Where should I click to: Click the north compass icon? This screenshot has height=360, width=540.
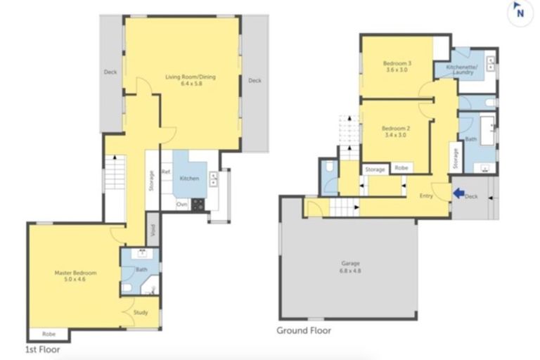519,11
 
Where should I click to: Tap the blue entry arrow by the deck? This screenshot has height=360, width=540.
458,193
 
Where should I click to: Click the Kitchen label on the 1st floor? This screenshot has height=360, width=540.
189,179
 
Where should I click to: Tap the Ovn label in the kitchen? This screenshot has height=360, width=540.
181,205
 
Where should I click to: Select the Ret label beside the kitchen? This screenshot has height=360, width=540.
166,172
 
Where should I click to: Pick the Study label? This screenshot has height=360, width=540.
141,312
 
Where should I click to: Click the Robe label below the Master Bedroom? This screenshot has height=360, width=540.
49,334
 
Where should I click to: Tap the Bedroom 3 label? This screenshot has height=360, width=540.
397,67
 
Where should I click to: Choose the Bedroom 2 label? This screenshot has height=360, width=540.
395,132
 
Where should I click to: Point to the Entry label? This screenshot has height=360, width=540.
426,195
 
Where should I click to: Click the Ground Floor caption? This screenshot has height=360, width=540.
303,330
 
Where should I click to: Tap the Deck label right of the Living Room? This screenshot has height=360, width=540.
255,80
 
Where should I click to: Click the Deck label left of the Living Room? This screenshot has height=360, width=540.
110,72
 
